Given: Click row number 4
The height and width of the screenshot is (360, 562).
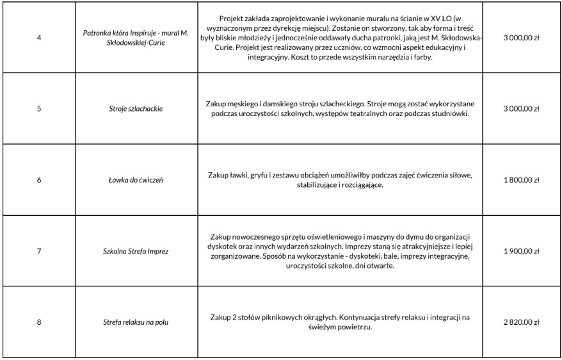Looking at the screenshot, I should coord(39,38).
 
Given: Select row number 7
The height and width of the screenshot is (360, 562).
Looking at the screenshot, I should coord(39,251).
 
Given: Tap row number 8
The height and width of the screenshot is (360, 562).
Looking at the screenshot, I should coord(39,322).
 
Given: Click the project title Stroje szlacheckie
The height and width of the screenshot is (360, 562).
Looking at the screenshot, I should coord(136,109).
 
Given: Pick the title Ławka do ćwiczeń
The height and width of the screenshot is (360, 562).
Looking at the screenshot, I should coord(136,180).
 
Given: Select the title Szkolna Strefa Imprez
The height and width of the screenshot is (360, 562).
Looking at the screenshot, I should coord(136,251).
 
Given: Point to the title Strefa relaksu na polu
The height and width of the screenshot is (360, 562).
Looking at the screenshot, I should coord(136,322).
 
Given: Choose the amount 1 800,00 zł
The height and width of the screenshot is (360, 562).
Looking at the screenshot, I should coord(522,180).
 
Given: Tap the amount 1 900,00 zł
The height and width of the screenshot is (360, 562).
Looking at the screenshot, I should coord(522,251).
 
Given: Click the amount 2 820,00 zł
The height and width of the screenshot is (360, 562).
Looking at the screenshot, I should coord(522,322).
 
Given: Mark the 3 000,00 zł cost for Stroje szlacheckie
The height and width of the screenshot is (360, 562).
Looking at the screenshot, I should coord(522,109).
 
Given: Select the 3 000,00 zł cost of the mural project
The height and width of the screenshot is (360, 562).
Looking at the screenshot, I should coord(522,38).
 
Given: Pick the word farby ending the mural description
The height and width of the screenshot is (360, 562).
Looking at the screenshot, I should coord(422,58).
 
